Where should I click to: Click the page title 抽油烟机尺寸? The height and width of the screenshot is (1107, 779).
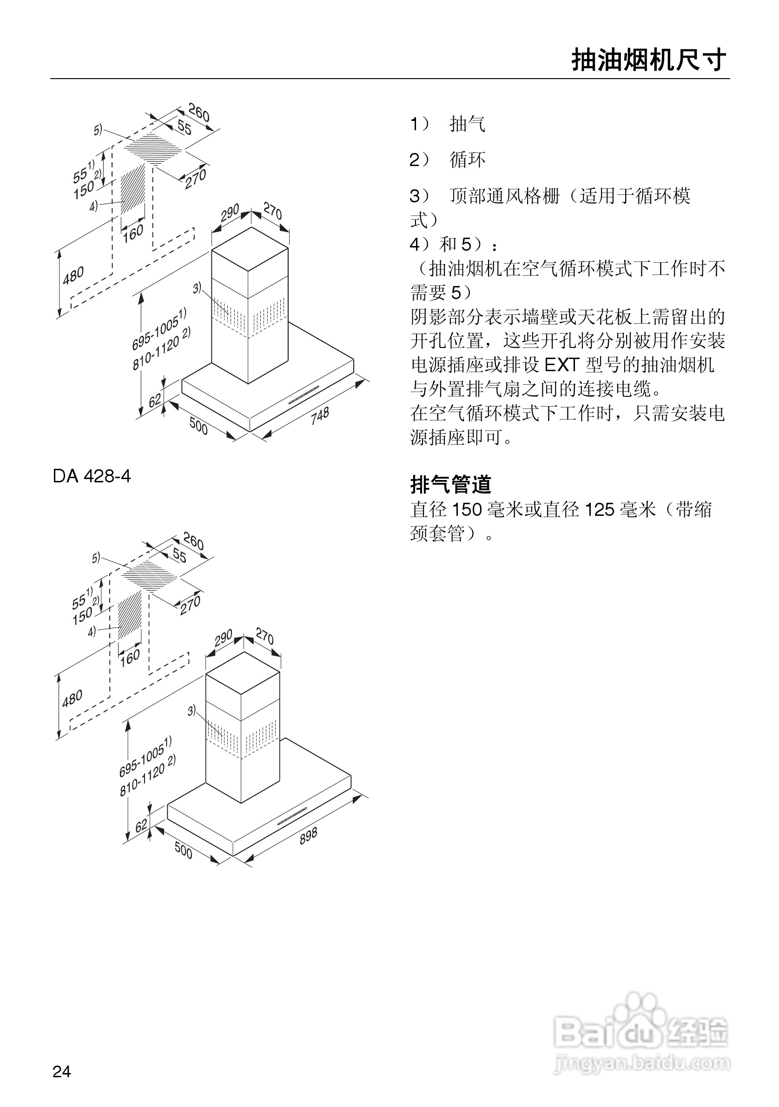(x=648, y=61)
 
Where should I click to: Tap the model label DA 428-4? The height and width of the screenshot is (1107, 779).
(x=92, y=476)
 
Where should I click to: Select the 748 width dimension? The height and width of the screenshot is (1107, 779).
(x=319, y=416)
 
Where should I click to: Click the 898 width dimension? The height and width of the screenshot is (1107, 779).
(x=308, y=835)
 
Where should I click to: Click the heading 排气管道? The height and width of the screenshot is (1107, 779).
(x=450, y=485)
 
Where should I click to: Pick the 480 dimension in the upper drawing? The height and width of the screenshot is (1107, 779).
(x=73, y=276)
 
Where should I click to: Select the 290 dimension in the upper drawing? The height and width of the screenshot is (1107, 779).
(x=230, y=213)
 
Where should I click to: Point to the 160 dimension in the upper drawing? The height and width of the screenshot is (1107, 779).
(x=132, y=233)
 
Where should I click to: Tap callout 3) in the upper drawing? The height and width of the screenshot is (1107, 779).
(x=197, y=288)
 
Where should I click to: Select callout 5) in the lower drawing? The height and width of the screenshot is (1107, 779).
(x=96, y=558)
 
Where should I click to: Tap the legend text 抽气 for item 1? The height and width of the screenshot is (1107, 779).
(x=467, y=124)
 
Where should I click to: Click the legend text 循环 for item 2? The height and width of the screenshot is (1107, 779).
(x=467, y=160)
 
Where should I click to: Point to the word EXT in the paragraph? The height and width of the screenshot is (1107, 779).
(x=561, y=365)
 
